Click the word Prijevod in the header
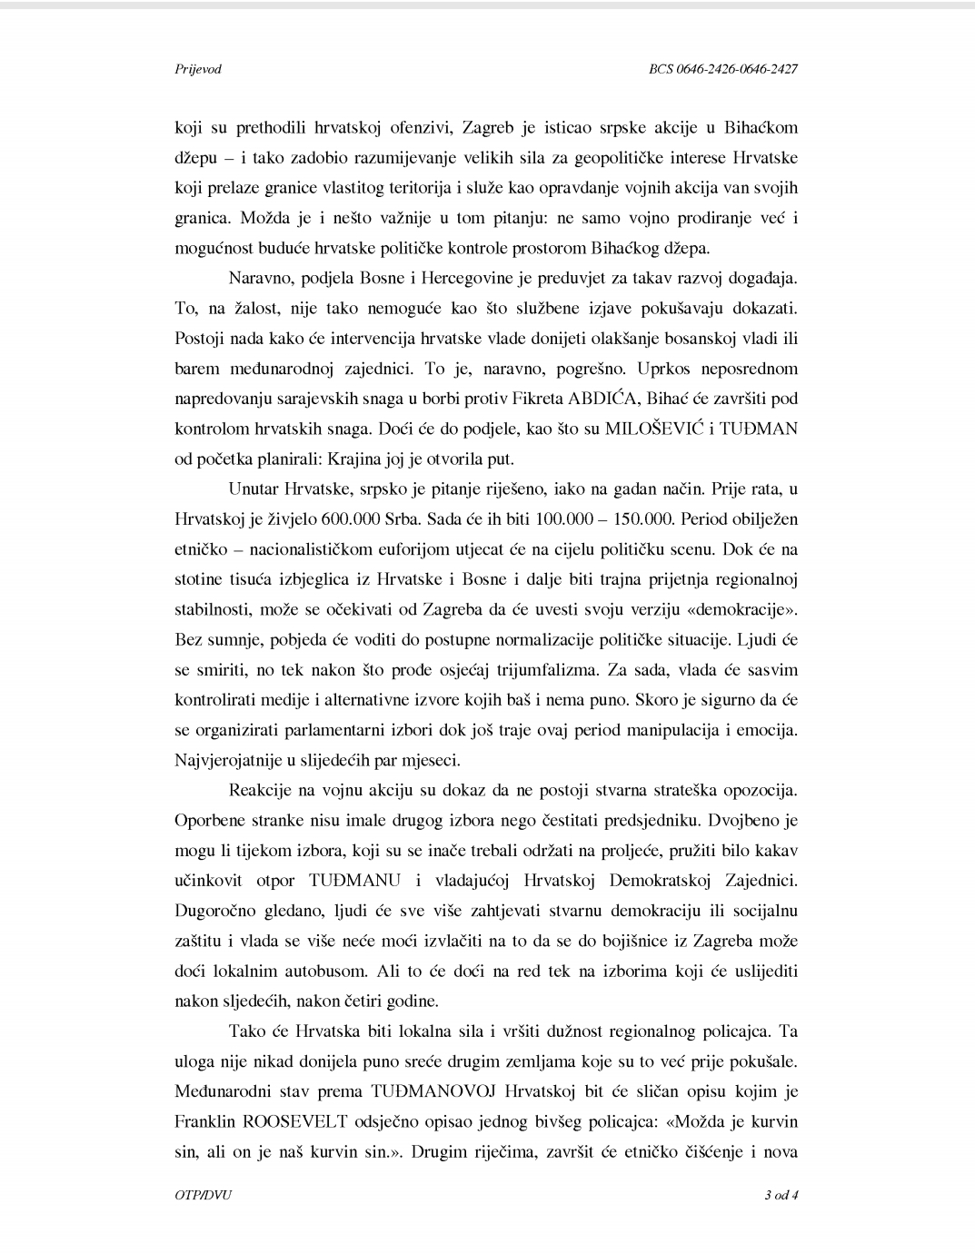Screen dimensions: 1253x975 click(x=197, y=69)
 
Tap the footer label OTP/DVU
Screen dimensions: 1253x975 click(x=203, y=1195)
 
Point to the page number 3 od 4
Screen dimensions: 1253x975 click(x=781, y=1195)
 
